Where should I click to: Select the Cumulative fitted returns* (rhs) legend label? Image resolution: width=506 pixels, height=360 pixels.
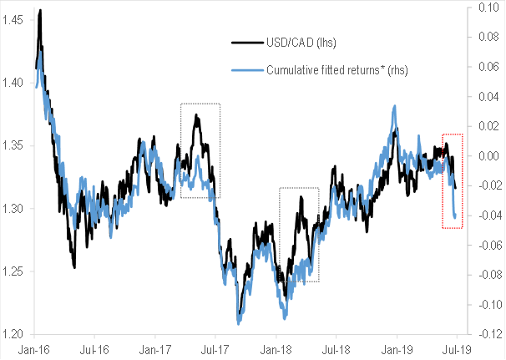coord(337,69)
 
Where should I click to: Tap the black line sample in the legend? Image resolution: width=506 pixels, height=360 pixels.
coord(247,42)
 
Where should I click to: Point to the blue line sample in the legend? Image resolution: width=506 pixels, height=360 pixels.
coord(247,69)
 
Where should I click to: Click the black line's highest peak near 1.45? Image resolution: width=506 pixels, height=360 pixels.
coord(40,11)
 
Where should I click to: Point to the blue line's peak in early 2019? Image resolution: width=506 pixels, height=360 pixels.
coord(393,106)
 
